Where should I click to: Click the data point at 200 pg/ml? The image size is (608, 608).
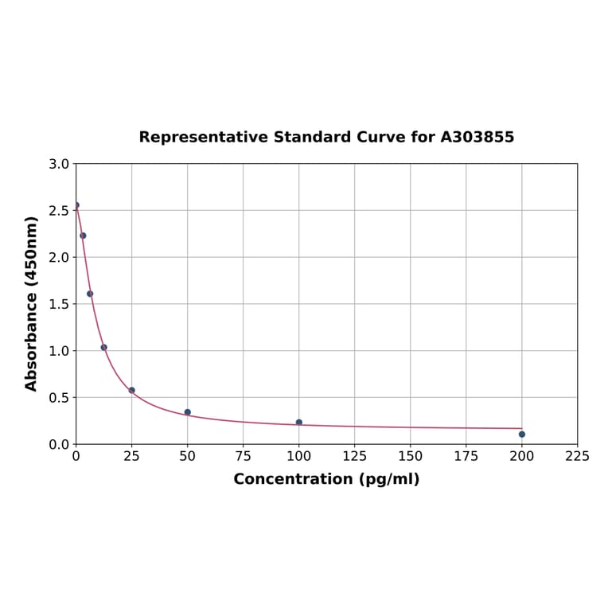521,434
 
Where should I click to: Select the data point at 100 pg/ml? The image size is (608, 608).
298,422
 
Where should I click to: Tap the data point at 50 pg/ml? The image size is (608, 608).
187,412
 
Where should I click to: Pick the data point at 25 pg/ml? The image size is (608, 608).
131,390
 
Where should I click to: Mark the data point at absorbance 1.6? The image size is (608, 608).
90,294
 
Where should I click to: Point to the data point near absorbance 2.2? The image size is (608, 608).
83,236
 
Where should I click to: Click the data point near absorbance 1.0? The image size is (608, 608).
103,347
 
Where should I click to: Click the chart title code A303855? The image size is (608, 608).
477,137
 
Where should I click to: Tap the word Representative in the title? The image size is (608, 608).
204,137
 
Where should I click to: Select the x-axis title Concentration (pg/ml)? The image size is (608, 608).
326,479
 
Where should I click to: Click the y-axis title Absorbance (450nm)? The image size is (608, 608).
32,303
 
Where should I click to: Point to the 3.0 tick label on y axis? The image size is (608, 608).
59,164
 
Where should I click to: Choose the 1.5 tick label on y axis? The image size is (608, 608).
59,304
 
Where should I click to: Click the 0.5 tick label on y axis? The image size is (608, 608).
59,397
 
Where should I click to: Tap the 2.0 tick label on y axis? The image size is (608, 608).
59,257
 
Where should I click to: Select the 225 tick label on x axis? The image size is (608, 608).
577,456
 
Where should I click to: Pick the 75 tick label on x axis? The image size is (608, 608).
243,456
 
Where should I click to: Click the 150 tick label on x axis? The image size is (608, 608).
410,456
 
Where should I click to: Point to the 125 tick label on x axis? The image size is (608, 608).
354,456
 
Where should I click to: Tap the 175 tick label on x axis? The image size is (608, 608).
466,456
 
